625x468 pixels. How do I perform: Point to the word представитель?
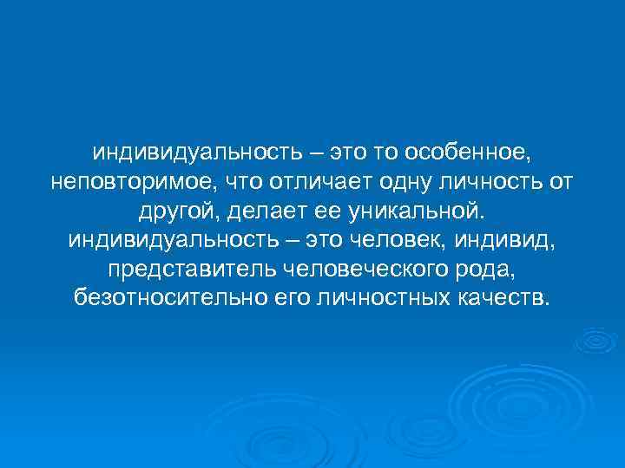coord(191,270)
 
